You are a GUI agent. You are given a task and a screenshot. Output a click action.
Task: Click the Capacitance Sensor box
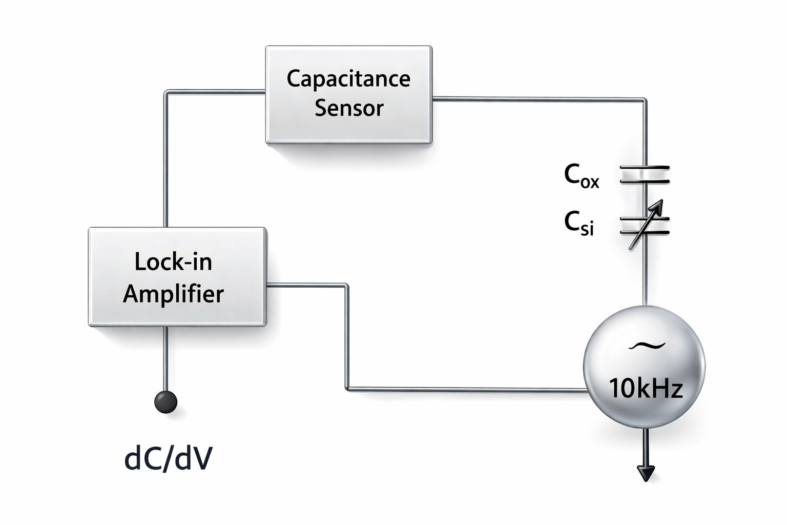tap(349, 94)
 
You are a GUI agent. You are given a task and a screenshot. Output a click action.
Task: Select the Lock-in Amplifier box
tap(177, 277)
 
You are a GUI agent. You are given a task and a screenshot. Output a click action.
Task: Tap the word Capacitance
tap(348, 79)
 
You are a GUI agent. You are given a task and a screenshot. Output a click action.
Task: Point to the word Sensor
tap(349, 108)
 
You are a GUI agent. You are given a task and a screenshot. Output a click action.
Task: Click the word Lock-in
tap(173, 262)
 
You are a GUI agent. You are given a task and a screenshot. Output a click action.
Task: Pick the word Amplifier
tap(173, 294)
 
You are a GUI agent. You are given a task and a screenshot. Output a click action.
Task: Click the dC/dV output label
tap(169, 458)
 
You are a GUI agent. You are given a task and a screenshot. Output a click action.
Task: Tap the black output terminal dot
tap(166, 401)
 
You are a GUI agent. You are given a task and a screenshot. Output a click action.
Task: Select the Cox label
tap(581, 176)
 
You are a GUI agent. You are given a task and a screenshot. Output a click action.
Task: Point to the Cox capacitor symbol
tap(645, 174)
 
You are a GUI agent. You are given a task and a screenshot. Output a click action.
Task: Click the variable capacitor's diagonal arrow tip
tap(662, 200)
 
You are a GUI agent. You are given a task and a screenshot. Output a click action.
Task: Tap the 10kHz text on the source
tap(646, 388)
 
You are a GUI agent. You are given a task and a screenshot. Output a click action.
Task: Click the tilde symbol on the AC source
tap(647, 346)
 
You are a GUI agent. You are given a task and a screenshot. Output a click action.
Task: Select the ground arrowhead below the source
tap(646, 473)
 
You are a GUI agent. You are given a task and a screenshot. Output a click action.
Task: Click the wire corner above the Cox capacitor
tap(645, 100)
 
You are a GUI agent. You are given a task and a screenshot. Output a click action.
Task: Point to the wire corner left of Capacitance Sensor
tap(166, 92)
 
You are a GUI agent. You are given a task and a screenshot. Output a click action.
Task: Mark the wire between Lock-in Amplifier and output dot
tap(166, 358)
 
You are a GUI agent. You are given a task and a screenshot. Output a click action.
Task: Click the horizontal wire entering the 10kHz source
tap(467, 389)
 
